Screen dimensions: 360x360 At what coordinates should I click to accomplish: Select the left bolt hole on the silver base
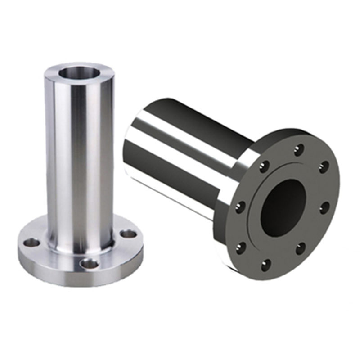31,243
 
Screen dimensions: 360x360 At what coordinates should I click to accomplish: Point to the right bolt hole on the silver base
129,234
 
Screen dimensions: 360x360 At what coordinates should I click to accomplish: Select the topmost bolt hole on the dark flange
298,149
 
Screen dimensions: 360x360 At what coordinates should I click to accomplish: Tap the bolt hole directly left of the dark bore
241,207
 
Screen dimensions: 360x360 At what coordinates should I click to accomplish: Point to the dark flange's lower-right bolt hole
301,248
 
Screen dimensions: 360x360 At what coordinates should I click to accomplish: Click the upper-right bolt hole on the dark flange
323,167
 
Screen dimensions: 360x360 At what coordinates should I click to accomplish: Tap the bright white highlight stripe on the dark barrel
180,135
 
